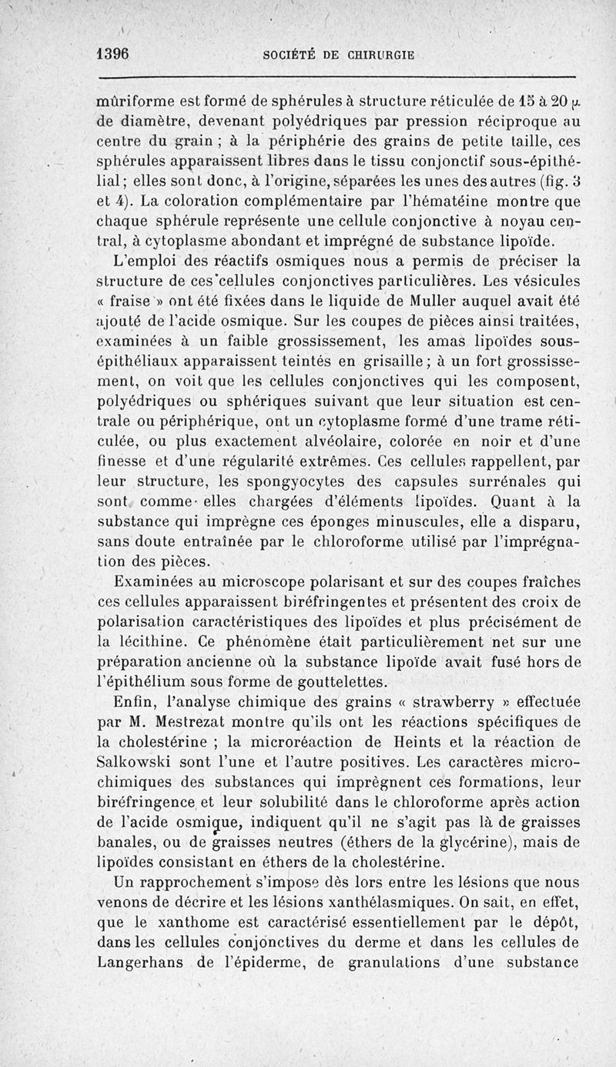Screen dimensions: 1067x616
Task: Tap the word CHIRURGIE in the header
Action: tap(377, 55)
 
